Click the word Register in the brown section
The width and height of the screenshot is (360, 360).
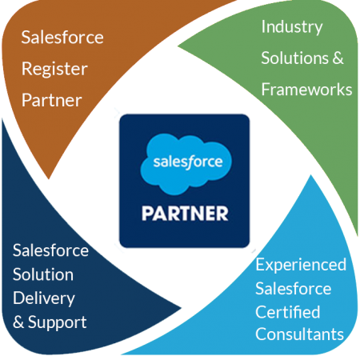click(54, 69)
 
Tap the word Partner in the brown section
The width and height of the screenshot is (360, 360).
click(52, 100)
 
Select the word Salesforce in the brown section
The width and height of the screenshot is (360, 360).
click(62, 37)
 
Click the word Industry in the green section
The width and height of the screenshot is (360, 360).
click(292, 27)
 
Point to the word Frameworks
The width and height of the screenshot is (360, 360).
click(306, 90)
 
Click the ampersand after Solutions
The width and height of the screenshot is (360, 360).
click(338, 58)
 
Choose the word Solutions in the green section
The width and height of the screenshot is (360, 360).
click(295, 58)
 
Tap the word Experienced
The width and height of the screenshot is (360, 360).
click(301, 265)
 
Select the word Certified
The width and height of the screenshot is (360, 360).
click(288, 312)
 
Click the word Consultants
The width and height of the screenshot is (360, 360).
click(300, 334)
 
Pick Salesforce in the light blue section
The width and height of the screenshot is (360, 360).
click(294, 289)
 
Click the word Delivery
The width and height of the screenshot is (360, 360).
click(44, 298)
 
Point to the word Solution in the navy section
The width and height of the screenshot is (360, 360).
click(43, 274)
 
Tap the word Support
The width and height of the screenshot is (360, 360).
click(58, 322)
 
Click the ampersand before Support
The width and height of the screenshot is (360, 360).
click(18, 322)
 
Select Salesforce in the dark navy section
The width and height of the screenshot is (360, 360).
click(50, 250)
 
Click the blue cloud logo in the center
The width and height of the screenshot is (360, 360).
click(186, 164)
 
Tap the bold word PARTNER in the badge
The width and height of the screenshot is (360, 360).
click(185, 214)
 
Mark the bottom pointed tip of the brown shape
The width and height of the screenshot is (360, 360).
click(49, 179)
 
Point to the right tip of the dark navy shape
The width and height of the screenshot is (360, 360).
click(182, 308)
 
